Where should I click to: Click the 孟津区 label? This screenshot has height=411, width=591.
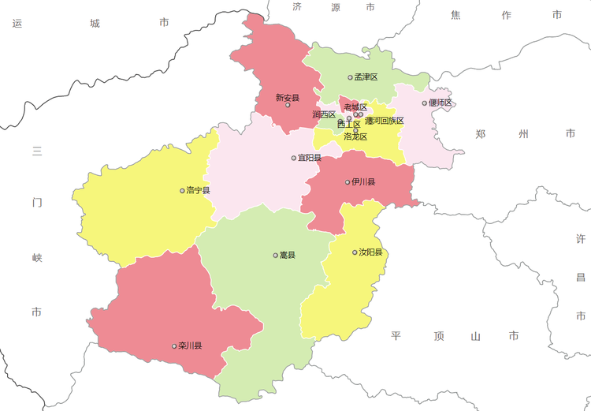coord(366,77)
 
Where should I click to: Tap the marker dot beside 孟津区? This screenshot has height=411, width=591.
coord(351,77)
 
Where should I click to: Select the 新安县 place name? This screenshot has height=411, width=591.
coord(288,98)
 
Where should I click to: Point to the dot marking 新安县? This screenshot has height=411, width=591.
coord(288,105)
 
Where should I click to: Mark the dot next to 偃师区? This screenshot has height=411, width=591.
coord(425,103)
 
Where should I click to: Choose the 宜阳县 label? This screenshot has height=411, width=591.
coord(310,158)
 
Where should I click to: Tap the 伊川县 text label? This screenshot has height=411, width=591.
coord(363,182)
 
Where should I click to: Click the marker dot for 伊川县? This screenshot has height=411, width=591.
coord(348,182)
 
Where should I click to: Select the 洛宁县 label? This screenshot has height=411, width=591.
coord(199,190)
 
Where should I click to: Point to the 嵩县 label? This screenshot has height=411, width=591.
coord(288,256)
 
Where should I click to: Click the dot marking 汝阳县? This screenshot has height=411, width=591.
coord(355,252)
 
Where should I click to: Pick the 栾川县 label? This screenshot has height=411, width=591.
coord(191,346)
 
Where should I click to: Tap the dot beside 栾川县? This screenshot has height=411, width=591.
coord(175,346)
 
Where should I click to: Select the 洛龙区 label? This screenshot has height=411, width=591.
coord(356,136)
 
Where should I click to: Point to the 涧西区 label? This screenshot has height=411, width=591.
coord(324,115)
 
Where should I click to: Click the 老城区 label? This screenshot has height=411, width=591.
coord(355,107)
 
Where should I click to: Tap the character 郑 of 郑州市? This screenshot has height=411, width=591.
coord(480,134)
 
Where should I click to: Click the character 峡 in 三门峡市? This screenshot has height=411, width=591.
coord(36,257)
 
